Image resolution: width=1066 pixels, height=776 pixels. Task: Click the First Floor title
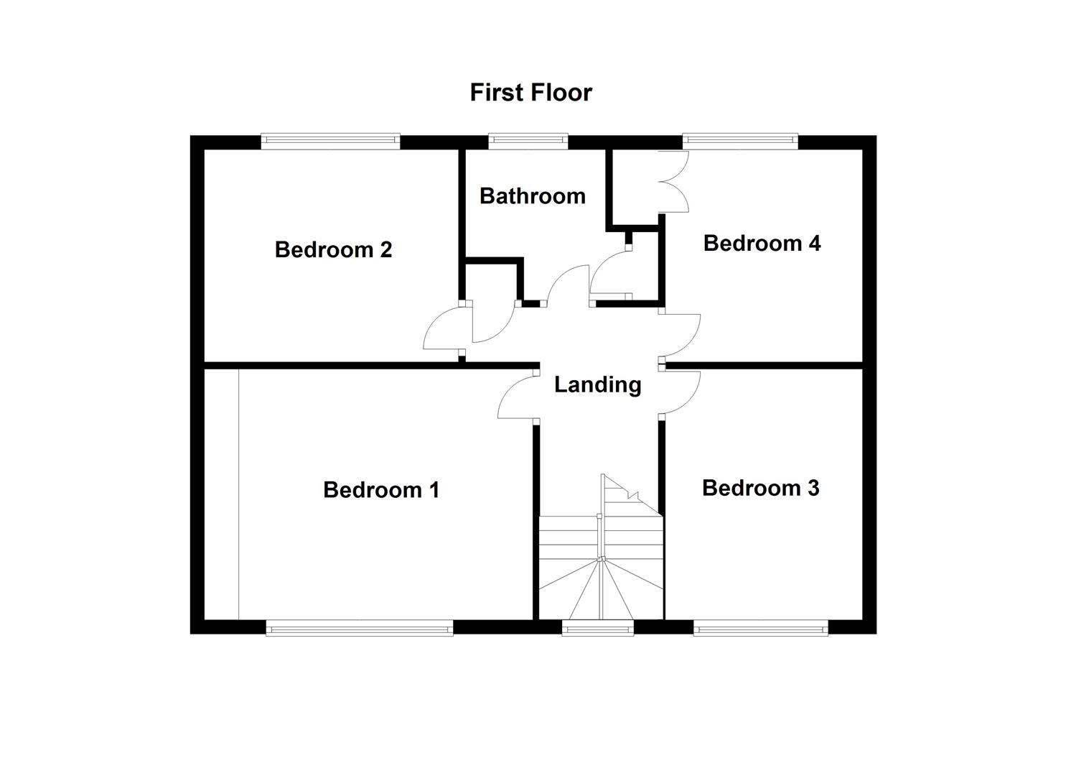[530, 93]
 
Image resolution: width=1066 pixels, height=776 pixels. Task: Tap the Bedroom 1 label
[380, 490]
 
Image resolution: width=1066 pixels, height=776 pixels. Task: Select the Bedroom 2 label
[333, 250]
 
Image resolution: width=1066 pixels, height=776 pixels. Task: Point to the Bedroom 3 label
[760, 489]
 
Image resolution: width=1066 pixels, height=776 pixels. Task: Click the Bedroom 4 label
[762, 244]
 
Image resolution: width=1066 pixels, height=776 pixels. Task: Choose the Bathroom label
[532, 196]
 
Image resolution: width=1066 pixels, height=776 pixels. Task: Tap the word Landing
[597, 385]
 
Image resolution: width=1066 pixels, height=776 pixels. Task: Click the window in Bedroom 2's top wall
[330, 141]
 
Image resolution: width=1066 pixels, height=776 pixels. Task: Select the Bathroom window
[528, 141]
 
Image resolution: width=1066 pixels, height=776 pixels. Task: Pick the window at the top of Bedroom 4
[740, 141]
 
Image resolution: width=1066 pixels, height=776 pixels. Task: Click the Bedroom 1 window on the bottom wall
[359, 629]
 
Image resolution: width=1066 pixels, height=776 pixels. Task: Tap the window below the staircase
[598, 629]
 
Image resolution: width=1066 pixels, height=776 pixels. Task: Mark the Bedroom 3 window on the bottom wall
[761, 629]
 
